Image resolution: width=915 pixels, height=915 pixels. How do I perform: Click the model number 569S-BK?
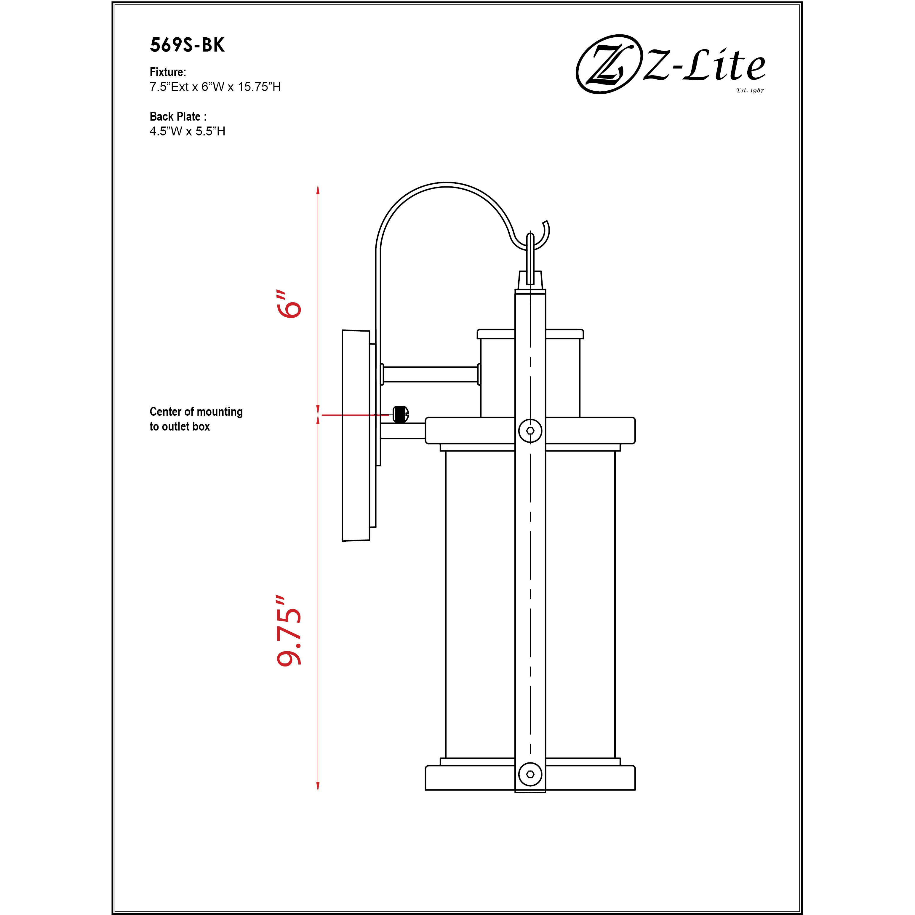pyautogui.click(x=187, y=45)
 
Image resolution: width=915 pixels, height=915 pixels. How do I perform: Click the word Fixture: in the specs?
pyautogui.click(x=168, y=72)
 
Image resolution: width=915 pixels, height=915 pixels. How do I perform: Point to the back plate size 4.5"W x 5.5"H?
pyautogui.click(x=187, y=131)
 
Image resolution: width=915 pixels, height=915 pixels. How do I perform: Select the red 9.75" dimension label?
pyautogui.click(x=289, y=631)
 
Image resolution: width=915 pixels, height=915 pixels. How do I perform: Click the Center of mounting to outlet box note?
pyautogui.click(x=196, y=419)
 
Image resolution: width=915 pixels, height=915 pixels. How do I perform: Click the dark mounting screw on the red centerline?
pyautogui.click(x=401, y=415)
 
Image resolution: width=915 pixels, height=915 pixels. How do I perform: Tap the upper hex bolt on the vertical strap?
pyautogui.click(x=530, y=431)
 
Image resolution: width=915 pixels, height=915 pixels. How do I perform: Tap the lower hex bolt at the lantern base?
pyautogui.click(x=530, y=774)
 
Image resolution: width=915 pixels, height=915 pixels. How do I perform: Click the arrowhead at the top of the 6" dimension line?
pyautogui.click(x=318, y=189)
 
